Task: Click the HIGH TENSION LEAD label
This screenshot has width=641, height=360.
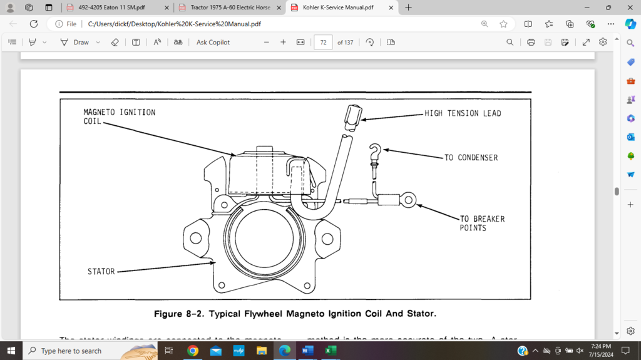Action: click(x=463, y=113)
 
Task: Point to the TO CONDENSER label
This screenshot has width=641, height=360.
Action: click(x=471, y=158)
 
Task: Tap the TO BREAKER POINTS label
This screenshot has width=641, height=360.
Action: click(x=482, y=224)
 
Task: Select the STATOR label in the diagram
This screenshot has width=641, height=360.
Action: click(x=101, y=272)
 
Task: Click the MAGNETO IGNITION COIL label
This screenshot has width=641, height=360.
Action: click(x=119, y=116)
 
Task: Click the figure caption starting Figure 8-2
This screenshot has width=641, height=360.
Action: click(x=295, y=312)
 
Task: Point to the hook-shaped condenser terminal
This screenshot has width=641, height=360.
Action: click(x=376, y=152)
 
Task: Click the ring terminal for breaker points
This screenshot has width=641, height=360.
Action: click(x=408, y=201)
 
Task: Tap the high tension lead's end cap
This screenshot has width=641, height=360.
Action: click(x=352, y=116)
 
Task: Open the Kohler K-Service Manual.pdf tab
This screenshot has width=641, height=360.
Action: click(x=338, y=8)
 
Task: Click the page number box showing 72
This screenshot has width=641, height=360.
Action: click(x=323, y=42)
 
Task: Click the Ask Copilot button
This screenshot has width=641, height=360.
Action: click(x=213, y=42)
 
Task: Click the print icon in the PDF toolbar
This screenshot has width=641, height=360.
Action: click(x=531, y=42)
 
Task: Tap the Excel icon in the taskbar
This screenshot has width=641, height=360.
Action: click(x=330, y=351)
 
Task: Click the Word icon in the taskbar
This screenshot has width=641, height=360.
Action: click(x=307, y=351)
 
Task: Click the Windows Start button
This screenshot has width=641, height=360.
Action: click(x=11, y=351)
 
